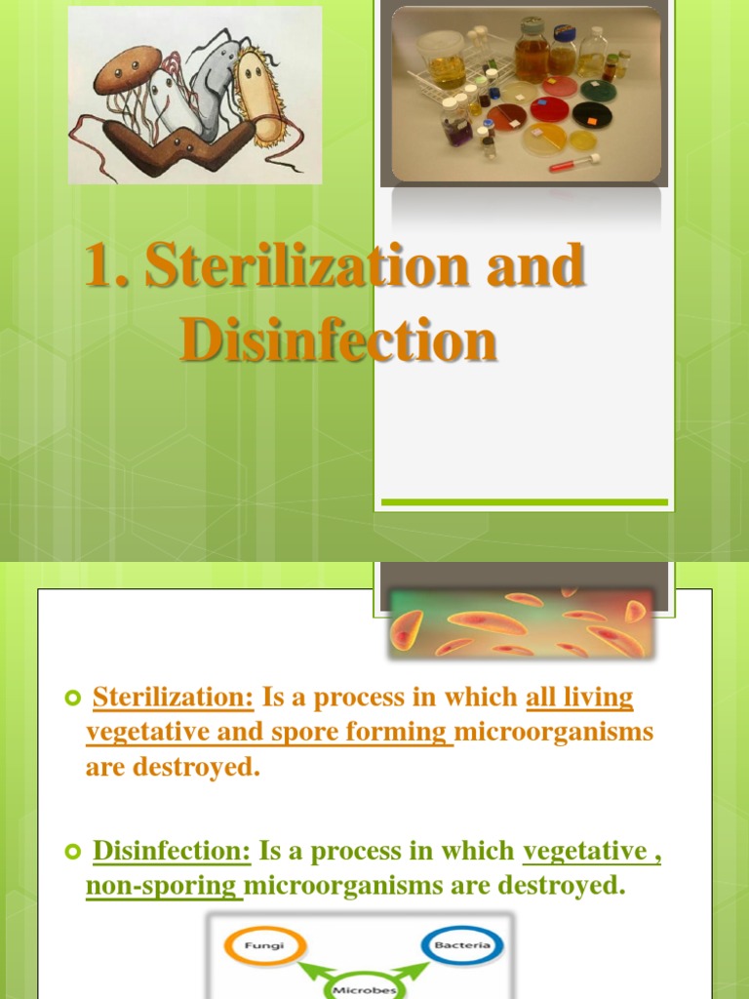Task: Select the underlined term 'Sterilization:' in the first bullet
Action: click(173, 698)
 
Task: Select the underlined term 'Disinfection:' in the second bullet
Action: click(172, 851)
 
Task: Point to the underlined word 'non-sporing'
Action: click(162, 886)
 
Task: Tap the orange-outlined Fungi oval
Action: click(264, 945)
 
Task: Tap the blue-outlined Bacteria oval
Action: click(462, 945)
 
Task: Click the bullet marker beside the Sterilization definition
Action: click(70, 699)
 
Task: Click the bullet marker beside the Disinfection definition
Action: click(70, 853)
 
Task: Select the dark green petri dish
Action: click(591, 114)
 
